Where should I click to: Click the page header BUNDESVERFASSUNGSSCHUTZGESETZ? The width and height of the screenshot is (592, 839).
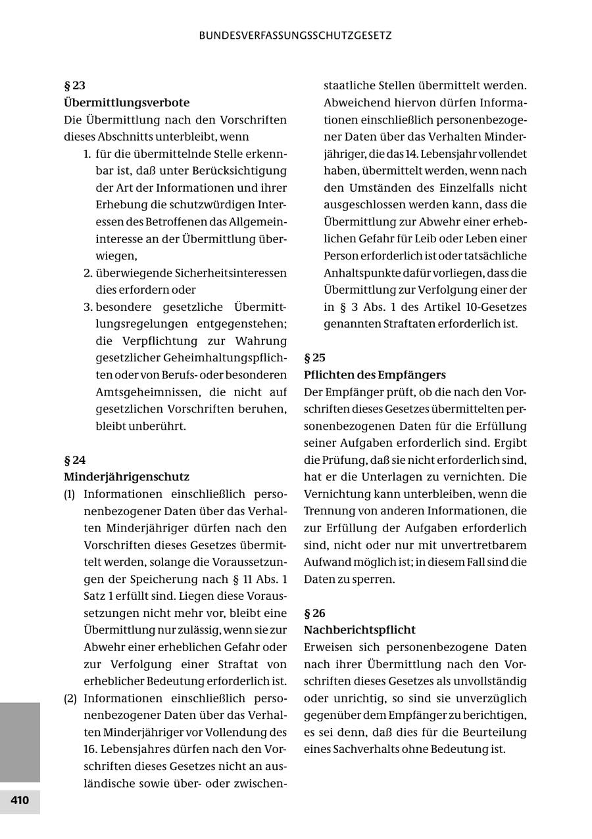(x=295, y=35)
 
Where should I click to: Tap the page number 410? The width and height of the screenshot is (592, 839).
(x=20, y=800)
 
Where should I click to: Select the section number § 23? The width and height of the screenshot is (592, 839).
(x=74, y=85)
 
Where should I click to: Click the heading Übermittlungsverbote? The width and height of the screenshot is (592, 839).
(x=126, y=102)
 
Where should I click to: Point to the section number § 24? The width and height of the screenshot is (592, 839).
(x=74, y=460)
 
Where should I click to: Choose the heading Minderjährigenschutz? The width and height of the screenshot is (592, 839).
(x=126, y=477)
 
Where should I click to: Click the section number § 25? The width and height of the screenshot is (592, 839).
(x=314, y=358)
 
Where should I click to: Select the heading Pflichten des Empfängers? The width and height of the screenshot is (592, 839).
(x=374, y=375)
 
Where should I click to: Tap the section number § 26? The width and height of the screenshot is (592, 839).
(x=314, y=614)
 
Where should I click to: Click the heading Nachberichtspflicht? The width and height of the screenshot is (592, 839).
(x=360, y=630)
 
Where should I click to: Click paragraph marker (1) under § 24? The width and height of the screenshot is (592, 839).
(x=70, y=494)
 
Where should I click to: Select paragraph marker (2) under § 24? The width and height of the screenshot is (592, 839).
(x=70, y=698)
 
